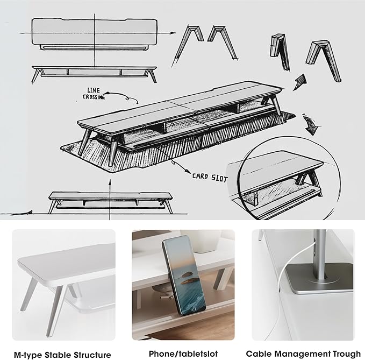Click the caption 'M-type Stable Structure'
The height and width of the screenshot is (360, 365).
(x=63, y=354)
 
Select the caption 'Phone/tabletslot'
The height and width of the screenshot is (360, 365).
(x=183, y=354)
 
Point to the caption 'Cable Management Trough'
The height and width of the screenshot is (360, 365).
(x=303, y=354)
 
